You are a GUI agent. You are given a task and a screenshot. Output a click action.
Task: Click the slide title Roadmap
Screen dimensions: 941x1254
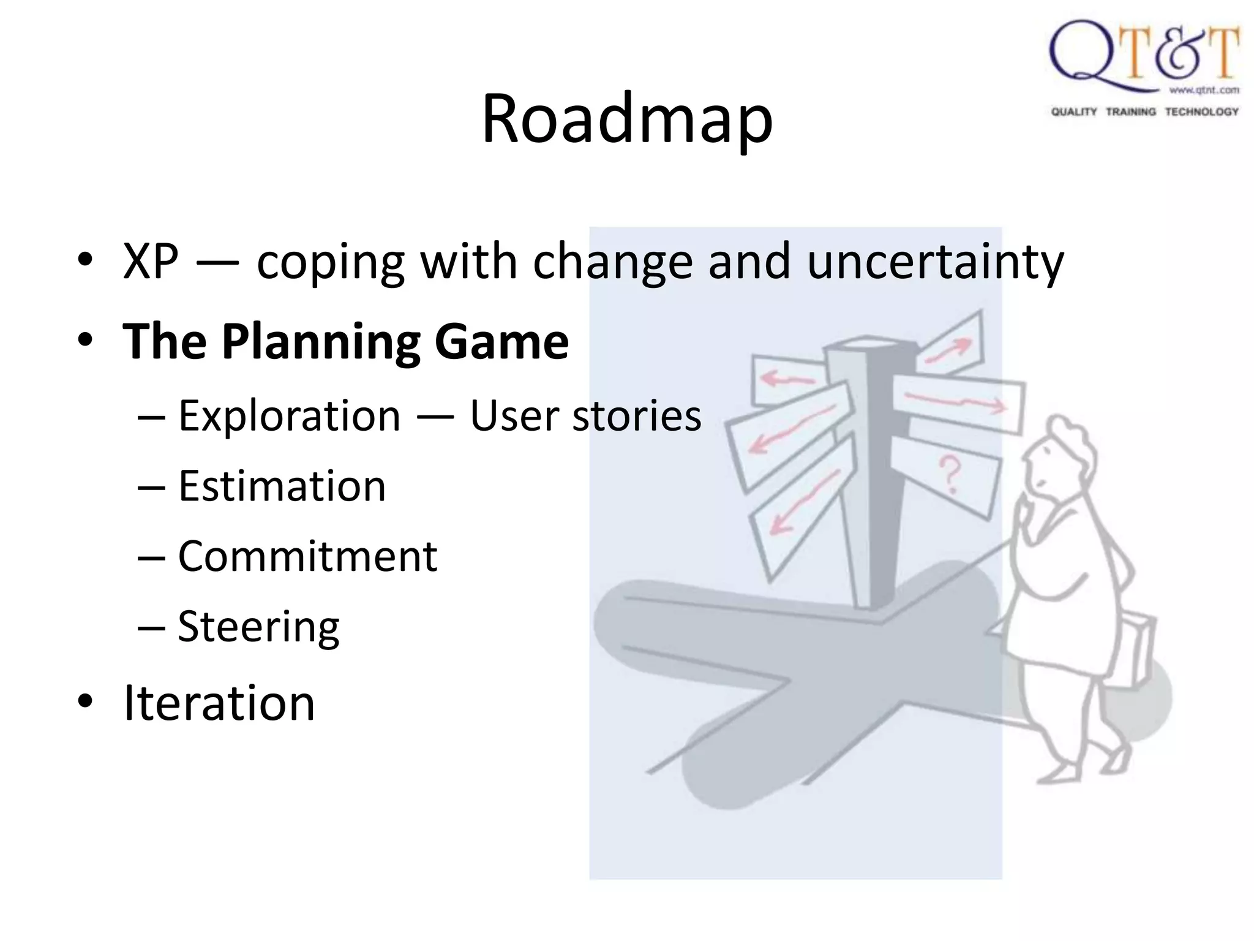pos(627,119)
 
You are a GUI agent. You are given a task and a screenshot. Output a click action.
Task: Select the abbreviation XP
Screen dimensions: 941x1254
pos(151,262)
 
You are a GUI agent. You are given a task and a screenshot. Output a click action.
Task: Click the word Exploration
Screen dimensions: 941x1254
pos(289,416)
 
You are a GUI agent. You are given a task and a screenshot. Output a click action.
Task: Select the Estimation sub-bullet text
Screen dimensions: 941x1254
pos(282,486)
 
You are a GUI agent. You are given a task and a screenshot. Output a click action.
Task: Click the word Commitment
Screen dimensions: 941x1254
pos(307,556)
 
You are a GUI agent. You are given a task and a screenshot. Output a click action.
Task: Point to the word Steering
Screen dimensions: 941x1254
pos(258,627)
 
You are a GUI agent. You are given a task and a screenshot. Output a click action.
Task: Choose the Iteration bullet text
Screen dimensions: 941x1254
pos(219,703)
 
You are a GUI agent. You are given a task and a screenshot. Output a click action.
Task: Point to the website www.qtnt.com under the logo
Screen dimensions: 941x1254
pos(1204,90)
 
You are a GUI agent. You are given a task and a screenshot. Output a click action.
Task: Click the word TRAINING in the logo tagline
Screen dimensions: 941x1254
pos(1130,111)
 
